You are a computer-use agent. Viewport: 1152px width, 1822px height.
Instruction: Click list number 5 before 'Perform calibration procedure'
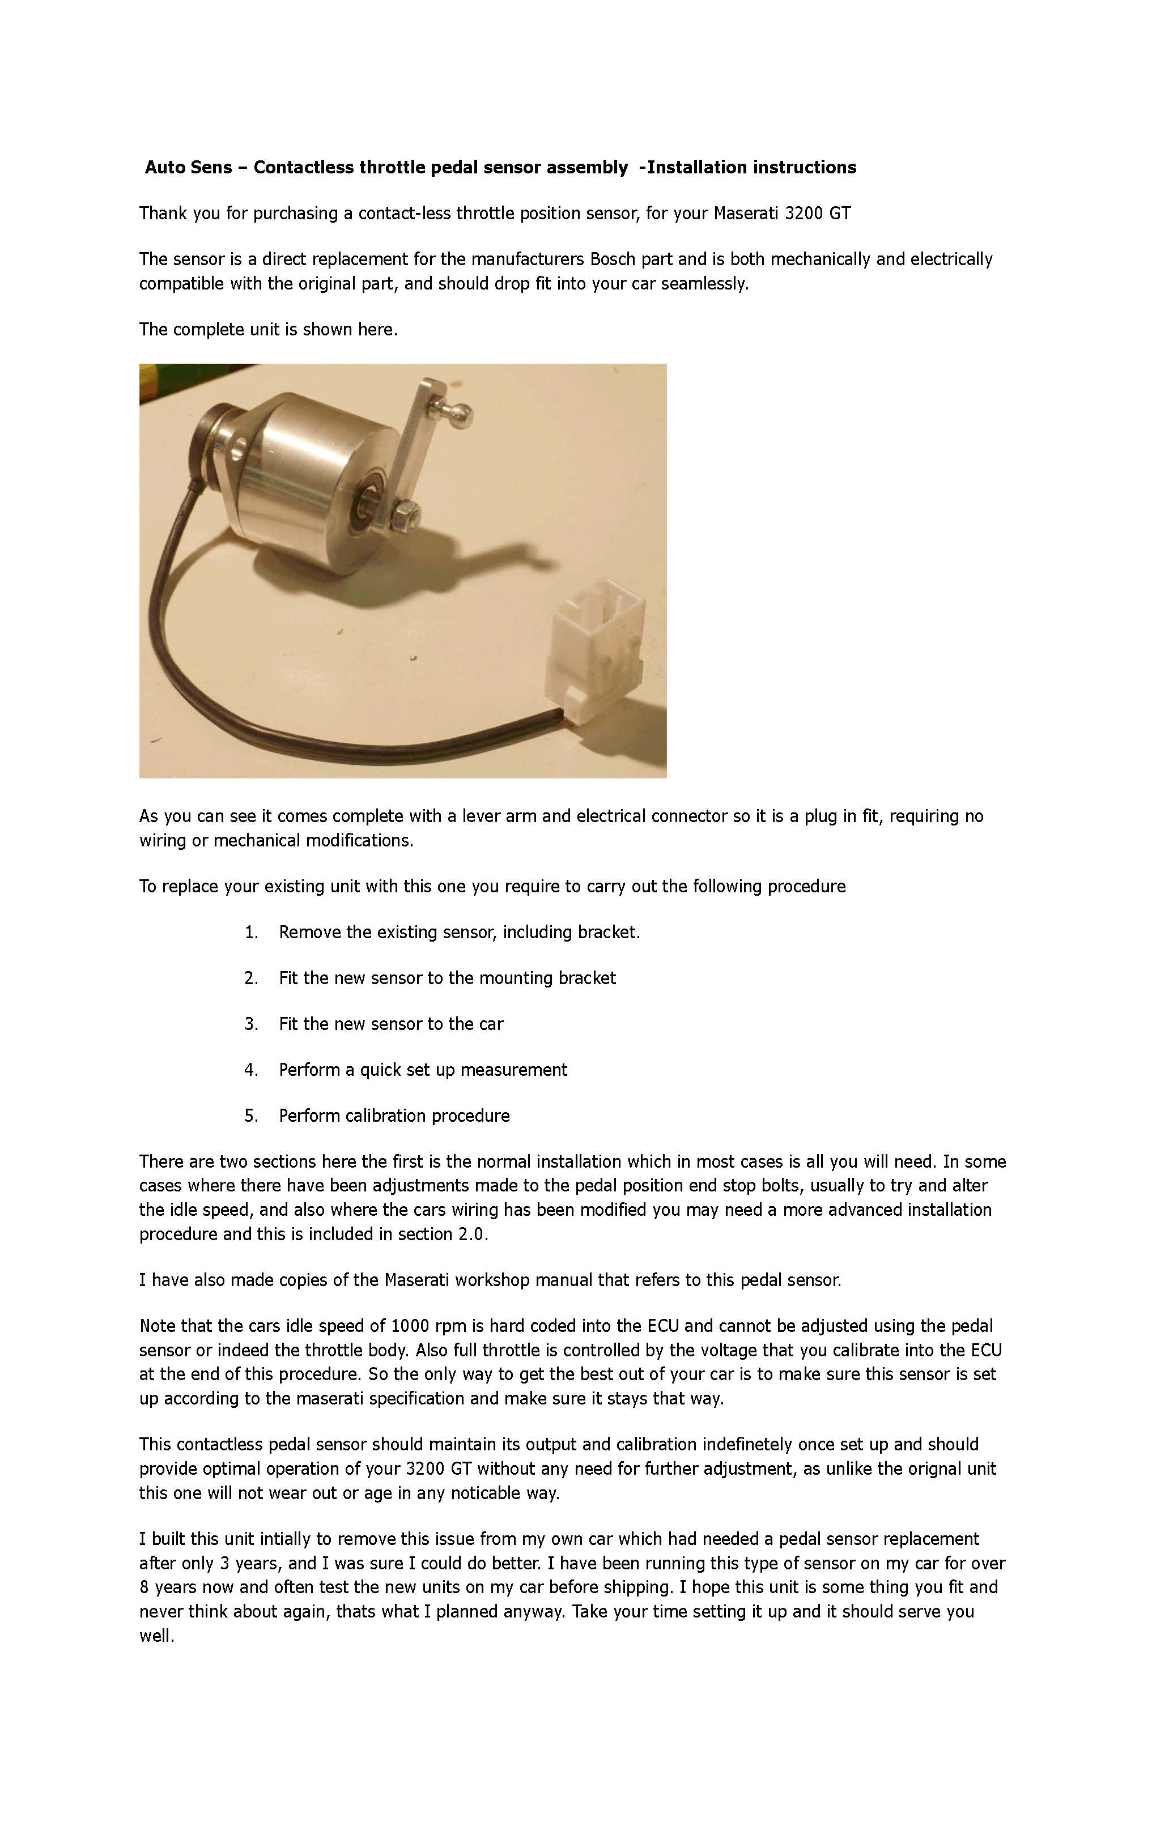[x=250, y=1116]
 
